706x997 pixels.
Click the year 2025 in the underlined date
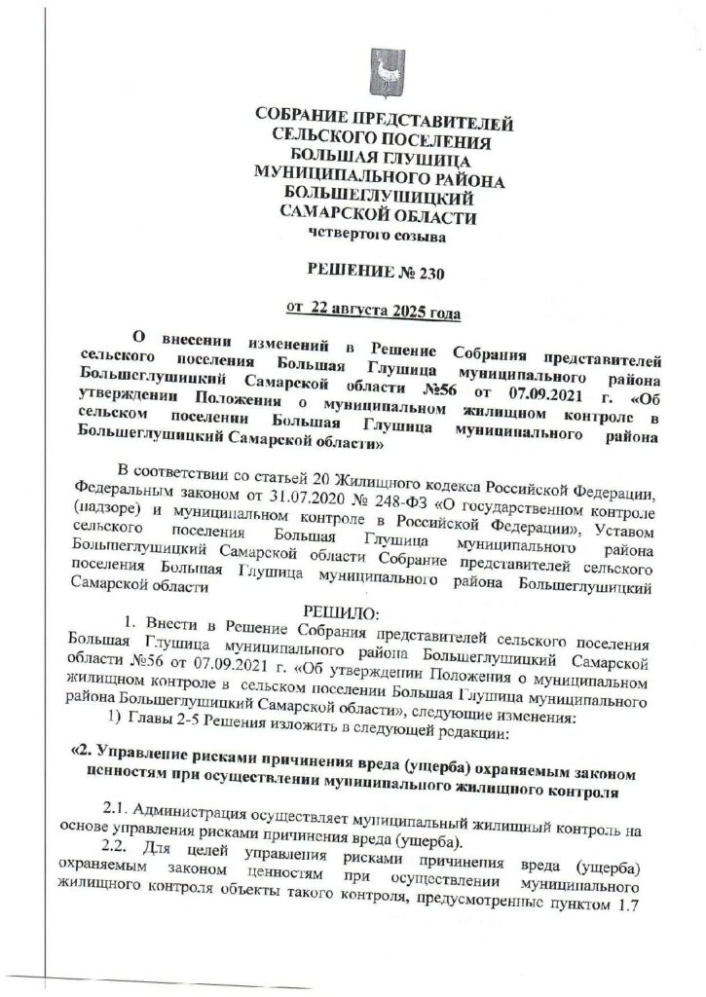click(409, 312)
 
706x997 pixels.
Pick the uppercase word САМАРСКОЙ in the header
click(330, 216)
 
